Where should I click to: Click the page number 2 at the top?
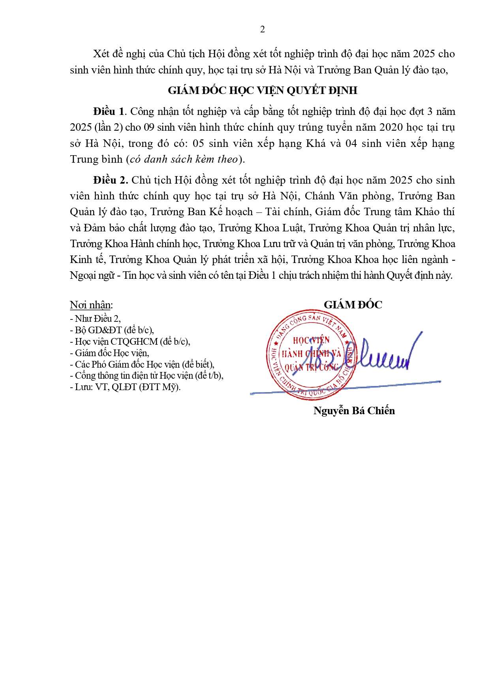[x=263, y=30]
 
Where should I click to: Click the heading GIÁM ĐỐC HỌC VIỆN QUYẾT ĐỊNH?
[x=263, y=90]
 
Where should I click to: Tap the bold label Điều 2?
[x=111, y=180]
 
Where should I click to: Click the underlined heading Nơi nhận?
[x=91, y=305]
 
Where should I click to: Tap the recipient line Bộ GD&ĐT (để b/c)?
[x=112, y=330]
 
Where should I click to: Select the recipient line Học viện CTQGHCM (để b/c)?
[x=130, y=342]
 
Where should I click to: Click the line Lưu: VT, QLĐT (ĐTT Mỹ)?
[x=125, y=387]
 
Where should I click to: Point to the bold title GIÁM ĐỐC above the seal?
[x=353, y=305]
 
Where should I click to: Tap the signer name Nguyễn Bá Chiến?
[x=354, y=411]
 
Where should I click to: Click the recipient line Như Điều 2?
[x=96, y=319]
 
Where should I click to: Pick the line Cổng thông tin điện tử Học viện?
[x=146, y=376]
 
